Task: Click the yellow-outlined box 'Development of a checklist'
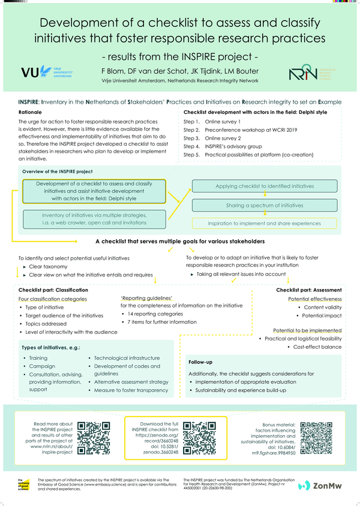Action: (x=94, y=191)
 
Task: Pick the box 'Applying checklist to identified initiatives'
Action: (x=265, y=186)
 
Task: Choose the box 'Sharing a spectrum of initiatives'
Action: (x=265, y=205)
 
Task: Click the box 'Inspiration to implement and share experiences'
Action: (x=265, y=223)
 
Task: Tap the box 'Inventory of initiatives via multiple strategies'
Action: (x=94, y=218)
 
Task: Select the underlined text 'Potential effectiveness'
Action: (x=315, y=299)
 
